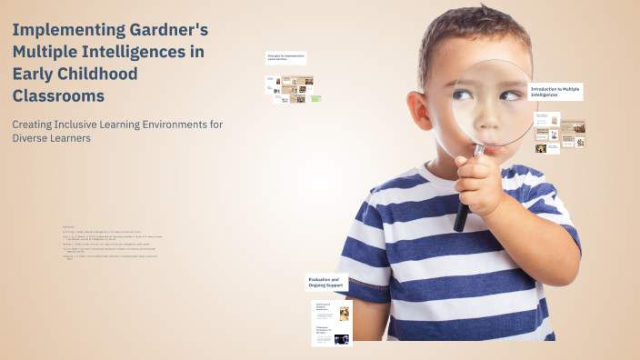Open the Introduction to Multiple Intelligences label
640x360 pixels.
(555, 92)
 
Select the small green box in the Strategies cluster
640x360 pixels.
(316, 98)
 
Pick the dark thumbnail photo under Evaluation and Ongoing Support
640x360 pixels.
(342, 339)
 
